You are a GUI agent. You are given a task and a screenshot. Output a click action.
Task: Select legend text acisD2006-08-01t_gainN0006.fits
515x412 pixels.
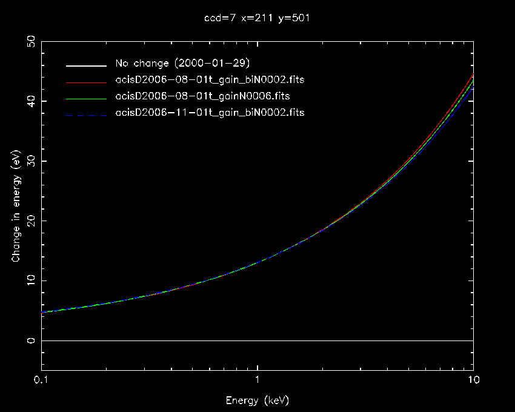click(202, 96)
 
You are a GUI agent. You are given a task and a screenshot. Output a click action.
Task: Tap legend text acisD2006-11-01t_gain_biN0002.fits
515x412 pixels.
click(210, 113)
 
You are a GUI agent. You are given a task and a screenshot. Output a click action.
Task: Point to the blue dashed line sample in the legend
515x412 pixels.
click(82, 113)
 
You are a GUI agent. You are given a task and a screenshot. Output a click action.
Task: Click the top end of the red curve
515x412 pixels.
click(473, 75)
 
